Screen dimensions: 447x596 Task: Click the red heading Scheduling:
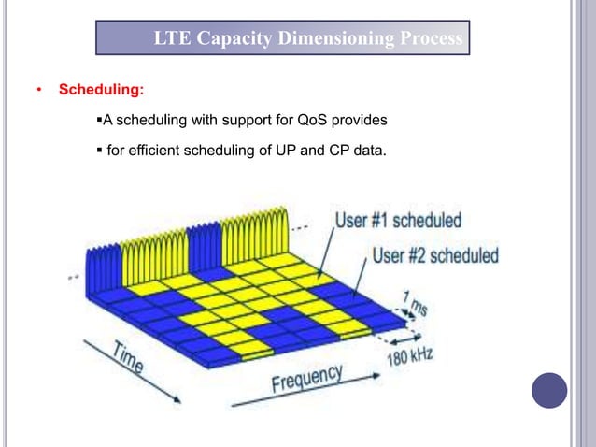[x=102, y=91]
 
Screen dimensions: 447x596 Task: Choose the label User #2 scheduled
[x=435, y=255]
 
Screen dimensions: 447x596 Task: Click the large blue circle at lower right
[x=549, y=390]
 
